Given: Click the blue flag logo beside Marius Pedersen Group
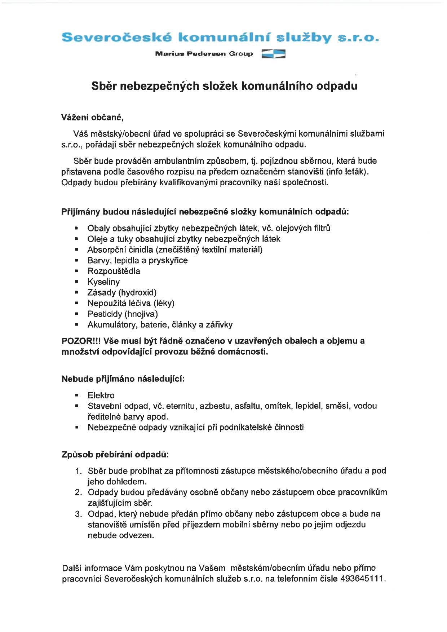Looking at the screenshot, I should [273, 54].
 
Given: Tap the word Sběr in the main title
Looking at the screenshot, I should [104, 86].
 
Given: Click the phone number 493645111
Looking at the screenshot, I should [363, 579].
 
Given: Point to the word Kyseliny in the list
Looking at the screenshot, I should [103, 282].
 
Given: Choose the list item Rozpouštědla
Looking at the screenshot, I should [114, 271].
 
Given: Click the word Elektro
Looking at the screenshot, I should [101, 395].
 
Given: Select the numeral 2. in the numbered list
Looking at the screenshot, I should [79, 492].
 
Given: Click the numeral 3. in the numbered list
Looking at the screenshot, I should [79, 514].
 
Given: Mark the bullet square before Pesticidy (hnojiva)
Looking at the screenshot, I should [76, 314].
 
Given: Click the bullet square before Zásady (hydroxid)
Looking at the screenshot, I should [76, 292].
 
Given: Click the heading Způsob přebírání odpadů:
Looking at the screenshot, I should [115, 455].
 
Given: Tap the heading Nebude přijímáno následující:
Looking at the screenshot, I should [123, 379].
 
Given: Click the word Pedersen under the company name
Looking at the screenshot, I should [206, 54].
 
